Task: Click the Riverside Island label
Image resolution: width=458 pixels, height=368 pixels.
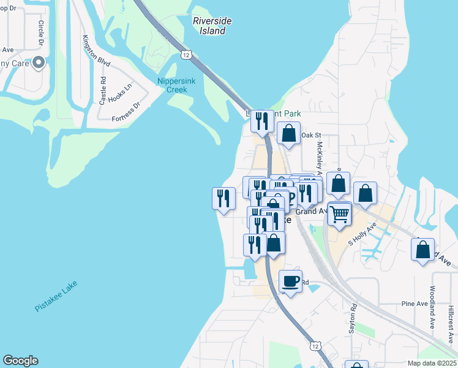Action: point(212,25)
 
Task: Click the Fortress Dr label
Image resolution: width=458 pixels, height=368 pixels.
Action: point(126,113)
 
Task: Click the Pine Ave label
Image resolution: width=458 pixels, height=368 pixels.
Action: point(414,304)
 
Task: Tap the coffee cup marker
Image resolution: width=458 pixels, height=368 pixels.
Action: point(291,282)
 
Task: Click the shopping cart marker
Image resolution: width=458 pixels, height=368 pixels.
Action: point(339,214)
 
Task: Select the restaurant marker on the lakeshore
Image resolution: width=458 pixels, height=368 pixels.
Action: point(223,198)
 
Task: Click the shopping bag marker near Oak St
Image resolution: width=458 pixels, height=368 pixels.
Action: point(288,133)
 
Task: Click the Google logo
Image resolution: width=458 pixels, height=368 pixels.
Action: point(20,361)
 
